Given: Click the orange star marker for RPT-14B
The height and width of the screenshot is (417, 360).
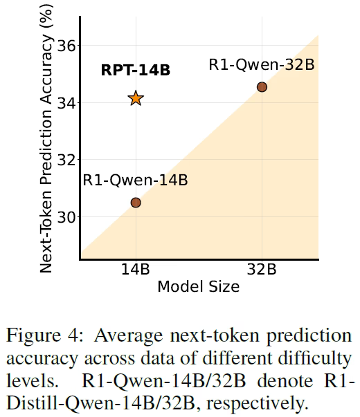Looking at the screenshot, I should tap(136, 98).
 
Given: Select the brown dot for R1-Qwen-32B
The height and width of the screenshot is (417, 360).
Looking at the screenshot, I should tap(262, 86).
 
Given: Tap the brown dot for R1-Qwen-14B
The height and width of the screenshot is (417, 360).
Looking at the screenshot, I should tap(136, 202).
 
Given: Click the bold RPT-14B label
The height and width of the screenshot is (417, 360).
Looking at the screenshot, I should tap(136, 70).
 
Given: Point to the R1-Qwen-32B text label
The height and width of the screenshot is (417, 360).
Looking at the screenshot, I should tap(262, 65).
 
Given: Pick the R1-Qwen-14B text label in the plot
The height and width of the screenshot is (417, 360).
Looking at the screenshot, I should tap(136, 180).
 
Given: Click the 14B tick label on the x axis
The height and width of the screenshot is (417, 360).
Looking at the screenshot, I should tap(136, 271).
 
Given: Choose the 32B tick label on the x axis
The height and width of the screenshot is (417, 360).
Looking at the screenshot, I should tap(262, 271).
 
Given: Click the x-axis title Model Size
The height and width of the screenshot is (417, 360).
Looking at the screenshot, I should tap(199, 286).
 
